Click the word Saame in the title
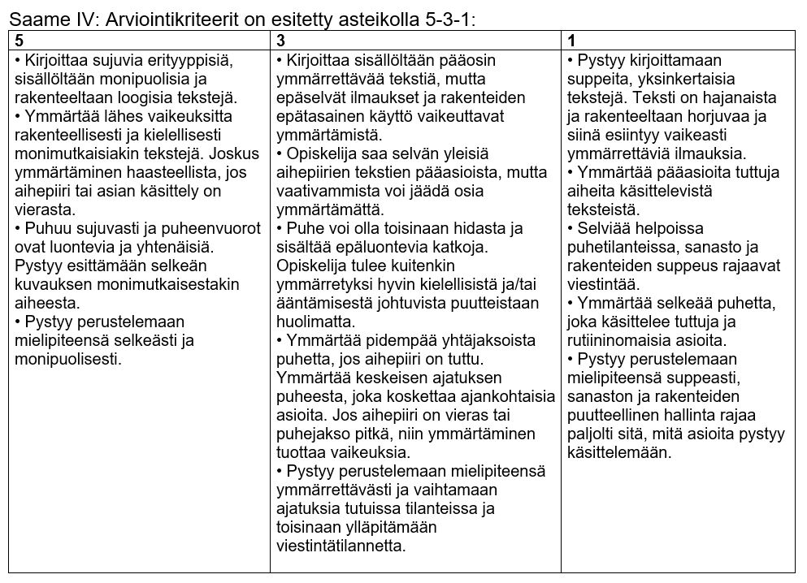coord(39,17)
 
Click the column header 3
coord(280,41)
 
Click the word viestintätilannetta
coord(341,546)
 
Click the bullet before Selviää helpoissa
coord(571,228)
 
